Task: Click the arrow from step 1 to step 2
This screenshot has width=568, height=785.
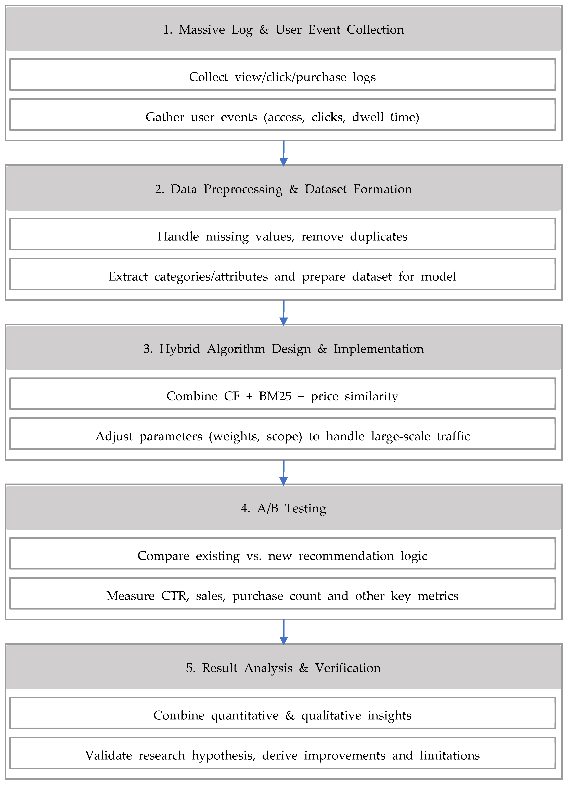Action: click(x=283, y=153)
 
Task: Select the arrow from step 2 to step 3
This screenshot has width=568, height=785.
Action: click(x=283, y=313)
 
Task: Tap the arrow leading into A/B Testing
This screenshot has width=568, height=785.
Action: click(x=283, y=472)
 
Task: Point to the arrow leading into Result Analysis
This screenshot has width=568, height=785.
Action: click(x=283, y=632)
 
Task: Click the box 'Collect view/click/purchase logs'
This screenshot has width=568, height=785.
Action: click(x=282, y=75)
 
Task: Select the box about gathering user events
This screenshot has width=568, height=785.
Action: click(x=282, y=115)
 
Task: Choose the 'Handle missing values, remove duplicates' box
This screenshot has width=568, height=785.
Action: click(x=282, y=234)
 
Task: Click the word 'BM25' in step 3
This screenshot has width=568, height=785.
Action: click(x=275, y=396)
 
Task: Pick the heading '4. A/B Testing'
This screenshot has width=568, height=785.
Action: click(x=283, y=508)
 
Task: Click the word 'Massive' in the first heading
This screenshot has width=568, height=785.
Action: click(x=202, y=29)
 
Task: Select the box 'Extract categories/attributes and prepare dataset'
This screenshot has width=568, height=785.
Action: click(x=282, y=274)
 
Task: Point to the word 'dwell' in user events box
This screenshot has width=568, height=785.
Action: click(x=368, y=117)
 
